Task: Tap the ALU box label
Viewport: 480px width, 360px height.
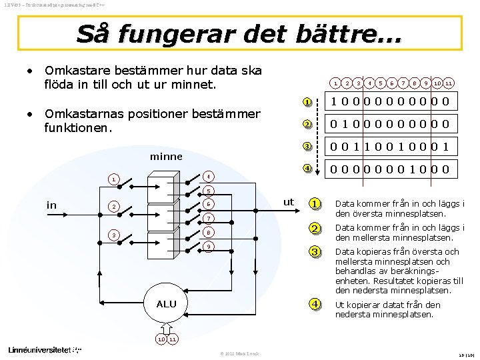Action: pyautogui.click(x=166, y=304)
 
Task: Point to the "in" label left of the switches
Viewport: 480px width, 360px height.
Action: pyautogui.click(x=51, y=205)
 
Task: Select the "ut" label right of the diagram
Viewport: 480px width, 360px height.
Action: pyautogui.click(x=288, y=201)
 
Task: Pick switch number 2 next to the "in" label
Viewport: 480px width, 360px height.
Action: pyautogui.click(x=115, y=207)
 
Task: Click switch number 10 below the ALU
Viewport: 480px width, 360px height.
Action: pyautogui.click(x=161, y=339)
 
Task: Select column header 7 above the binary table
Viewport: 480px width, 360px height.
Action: pyautogui.click(x=404, y=83)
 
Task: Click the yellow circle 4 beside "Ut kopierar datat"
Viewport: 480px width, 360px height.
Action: pyautogui.click(x=314, y=304)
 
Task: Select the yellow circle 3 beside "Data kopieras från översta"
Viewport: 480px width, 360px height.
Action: pyautogui.click(x=314, y=252)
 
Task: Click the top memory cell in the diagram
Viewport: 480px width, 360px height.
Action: pyautogui.click(x=163, y=185)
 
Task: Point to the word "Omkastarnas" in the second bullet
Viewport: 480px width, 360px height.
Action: pyautogui.click(x=83, y=113)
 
